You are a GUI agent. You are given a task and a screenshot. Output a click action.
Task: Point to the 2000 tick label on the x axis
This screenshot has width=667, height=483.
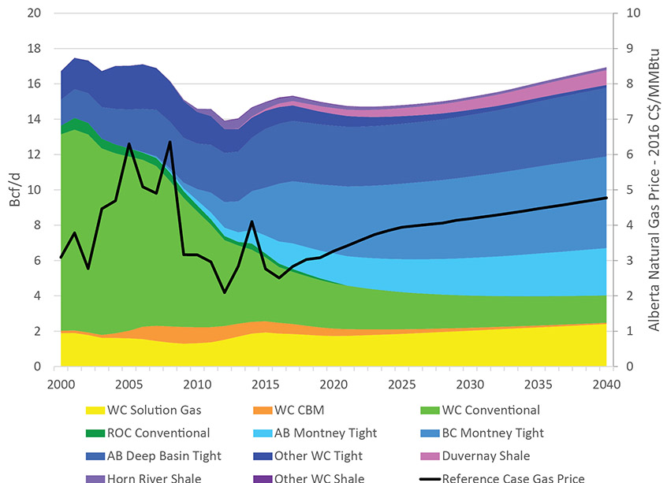click(61, 384)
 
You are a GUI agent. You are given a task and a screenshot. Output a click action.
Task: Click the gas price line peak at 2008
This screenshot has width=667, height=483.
click(170, 142)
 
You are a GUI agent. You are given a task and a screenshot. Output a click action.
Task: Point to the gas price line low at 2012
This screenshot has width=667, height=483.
click(225, 292)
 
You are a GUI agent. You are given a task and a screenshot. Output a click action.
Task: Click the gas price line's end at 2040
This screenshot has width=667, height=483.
click(606, 198)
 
